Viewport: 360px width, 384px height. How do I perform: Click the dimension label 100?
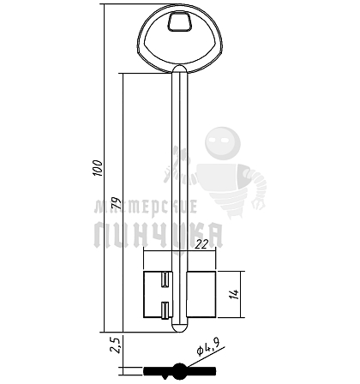tap(98, 168)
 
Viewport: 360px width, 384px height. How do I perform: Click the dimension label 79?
tap(117, 202)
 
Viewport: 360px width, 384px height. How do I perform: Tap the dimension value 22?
tap(202, 244)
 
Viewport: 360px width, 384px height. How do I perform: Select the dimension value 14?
tap(235, 294)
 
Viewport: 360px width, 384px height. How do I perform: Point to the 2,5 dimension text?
tap(117, 345)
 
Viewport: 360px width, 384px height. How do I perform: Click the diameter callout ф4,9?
tap(208, 347)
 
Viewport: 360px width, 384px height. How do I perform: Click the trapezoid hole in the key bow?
tap(179, 21)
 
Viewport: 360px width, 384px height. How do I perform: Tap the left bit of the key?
tap(158, 295)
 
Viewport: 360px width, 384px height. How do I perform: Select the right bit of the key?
tap(201, 294)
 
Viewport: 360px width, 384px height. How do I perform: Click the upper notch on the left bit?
tap(165, 279)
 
